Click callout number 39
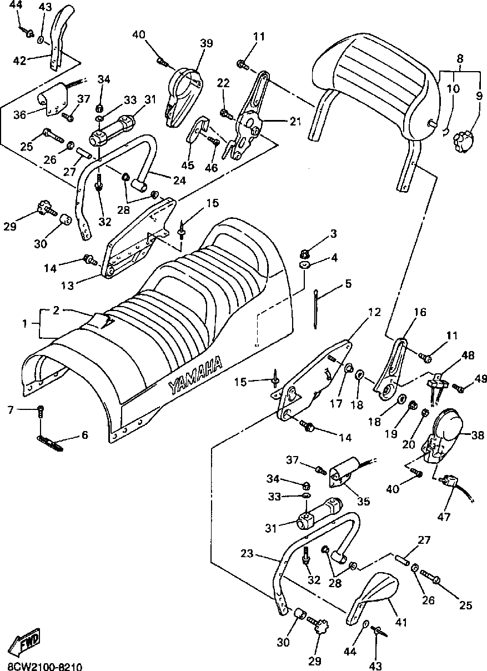pyautogui.click(x=207, y=43)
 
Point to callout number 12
pyautogui.click(x=374, y=312)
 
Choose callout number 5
pyautogui.click(x=348, y=283)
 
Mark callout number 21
pyautogui.click(x=295, y=121)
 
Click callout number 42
pyautogui.click(x=20, y=61)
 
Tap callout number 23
pyautogui.click(x=247, y=553)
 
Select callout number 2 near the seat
pyautogui.click(x=56, y=311)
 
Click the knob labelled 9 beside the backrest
pyautogui.click(x=463, y=139)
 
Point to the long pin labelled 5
pyautogui.click(x=315, y=309)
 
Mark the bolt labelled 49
pyautogui.click(x=458, y=388)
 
